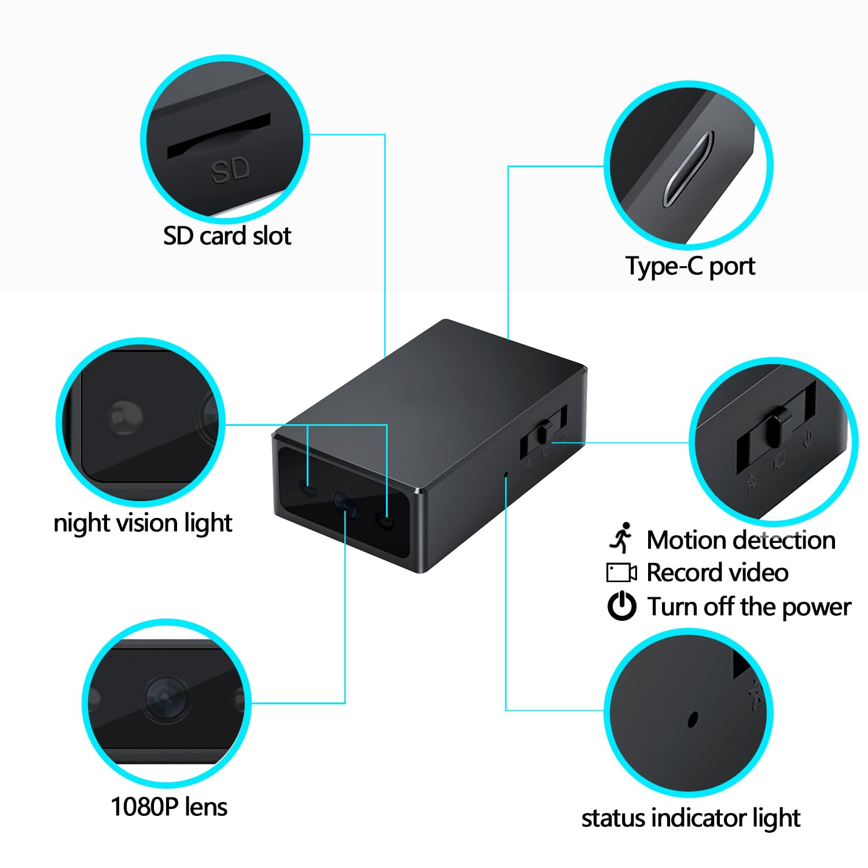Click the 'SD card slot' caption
[x=227, y=236]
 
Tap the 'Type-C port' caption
[x=690, y=266]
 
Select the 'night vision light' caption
[x=143, y=523]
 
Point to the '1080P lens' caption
[x=169, y=807]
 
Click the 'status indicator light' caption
[x=691, y=818]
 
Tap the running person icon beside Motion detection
[x=621, y=538]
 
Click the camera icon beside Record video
[x=621, y=573]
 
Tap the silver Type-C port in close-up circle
[x=688, y=169]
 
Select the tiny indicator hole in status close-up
[x=692, y=719]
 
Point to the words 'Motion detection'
[x=741, y=540]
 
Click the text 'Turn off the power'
[x=749, y=607]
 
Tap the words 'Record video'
[x=718, y=573]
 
